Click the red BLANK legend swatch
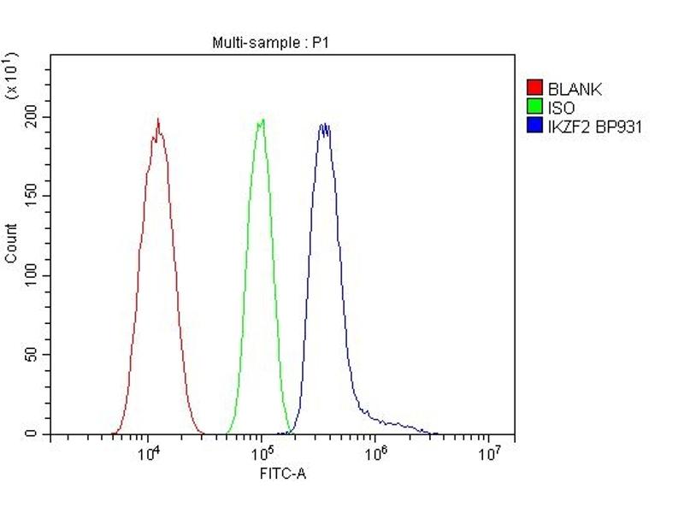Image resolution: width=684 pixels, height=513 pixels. pos(535,88)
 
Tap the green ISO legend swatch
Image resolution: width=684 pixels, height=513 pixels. pos(535,108)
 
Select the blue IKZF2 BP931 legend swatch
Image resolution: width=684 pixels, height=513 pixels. pos(535,127)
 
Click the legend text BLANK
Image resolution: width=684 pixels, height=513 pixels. pos(575,88)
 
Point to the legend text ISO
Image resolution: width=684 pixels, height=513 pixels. pos(561,108)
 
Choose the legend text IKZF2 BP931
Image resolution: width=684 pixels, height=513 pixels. pos(594,127)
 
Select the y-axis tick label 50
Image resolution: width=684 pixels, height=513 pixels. pos(32,355)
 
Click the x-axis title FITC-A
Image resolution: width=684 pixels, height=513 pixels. pos(282,473)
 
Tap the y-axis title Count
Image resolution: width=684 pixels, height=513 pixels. pos(11,243)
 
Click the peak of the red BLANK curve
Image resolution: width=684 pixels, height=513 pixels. pos(158,120)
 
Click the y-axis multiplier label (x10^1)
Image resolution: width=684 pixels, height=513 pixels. pos(12,75)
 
